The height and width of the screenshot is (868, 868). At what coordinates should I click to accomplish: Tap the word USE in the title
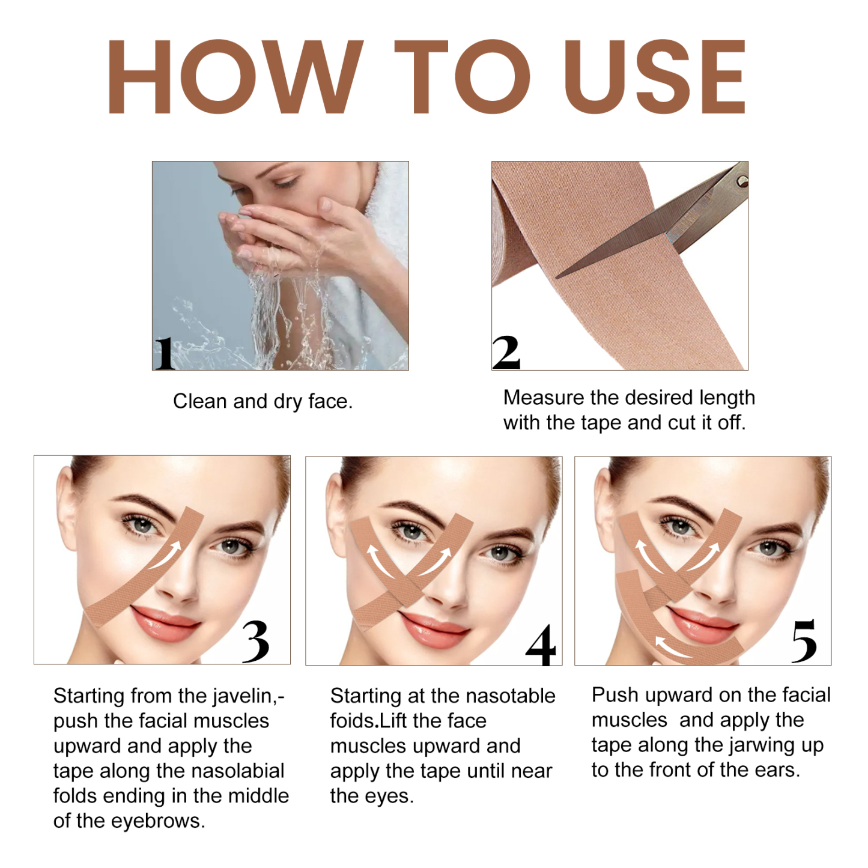[x=655, y=77]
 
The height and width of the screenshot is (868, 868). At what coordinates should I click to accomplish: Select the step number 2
[x=506, y=353]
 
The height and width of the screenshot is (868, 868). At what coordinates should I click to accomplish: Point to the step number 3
[x=255, y=642]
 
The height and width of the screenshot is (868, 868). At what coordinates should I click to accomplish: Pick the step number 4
[x=541, y=645]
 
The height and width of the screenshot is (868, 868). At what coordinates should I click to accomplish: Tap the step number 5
[x=804, y=641]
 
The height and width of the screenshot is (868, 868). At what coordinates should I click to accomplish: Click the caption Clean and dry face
[x=263, y=401]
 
